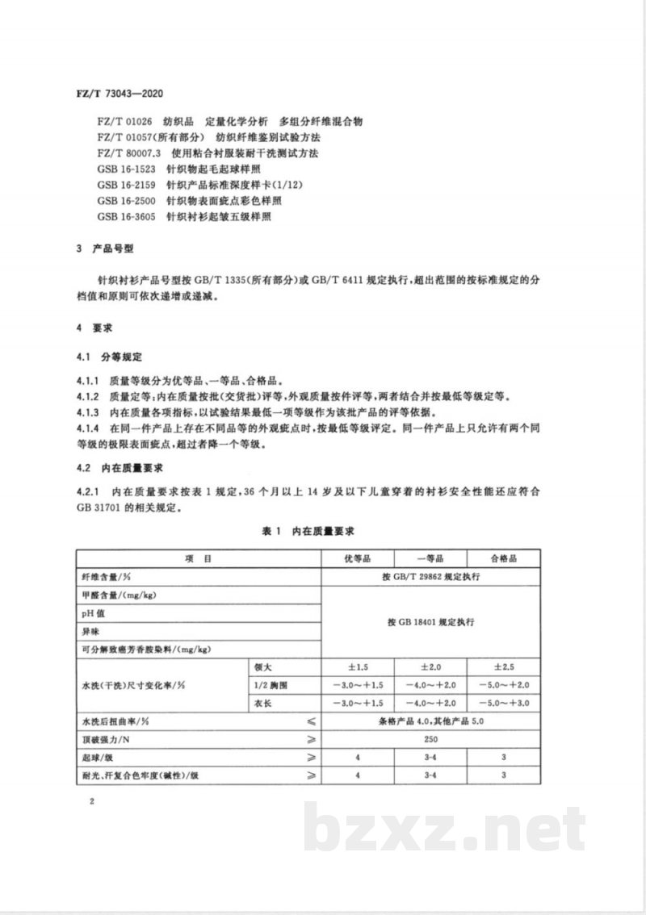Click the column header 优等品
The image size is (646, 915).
click(x=357, y=558)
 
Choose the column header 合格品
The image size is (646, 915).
click(x=503, y=558)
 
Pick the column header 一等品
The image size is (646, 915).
click(x=430, y=558)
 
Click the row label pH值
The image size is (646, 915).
click(x=89, y=614)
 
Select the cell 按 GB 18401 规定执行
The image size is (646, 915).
click(x=430, y=623)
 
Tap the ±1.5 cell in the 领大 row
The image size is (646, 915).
click(x=357, y=668)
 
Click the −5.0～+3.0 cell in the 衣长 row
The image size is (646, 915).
click(x=503, y=704)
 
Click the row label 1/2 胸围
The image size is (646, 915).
click(x=269, y=686)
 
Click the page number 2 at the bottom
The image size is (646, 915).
click(x=94, y=802)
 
